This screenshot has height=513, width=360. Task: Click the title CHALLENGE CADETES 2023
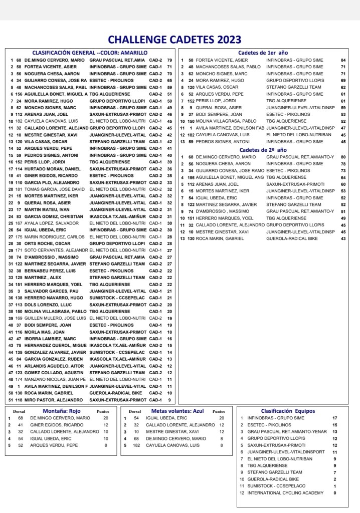[174, 40]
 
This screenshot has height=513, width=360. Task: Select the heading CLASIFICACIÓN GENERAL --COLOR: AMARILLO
[90, 53]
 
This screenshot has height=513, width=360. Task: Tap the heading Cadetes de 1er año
[263, 53]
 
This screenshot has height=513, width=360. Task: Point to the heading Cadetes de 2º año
[263, 150]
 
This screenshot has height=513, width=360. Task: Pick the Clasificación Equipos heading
[288, 411]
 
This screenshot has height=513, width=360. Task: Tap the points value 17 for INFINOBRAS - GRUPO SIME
[334, 418]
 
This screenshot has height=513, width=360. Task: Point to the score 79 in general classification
[169, 60]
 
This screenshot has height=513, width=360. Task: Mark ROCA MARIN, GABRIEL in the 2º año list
[217, 238]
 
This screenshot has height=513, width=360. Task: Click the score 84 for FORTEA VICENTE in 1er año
[343, 60]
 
